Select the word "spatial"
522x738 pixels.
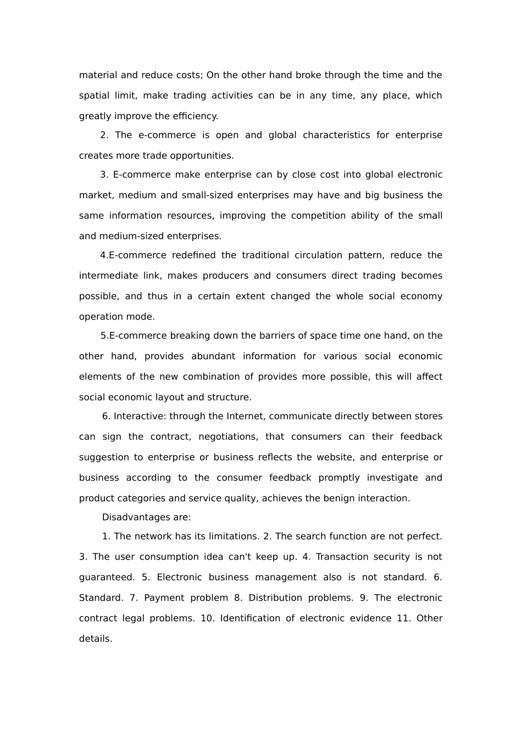coord(94,96)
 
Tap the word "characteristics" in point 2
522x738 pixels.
coord(336,135)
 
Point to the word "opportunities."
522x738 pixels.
coord(201,155)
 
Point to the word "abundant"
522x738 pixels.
coord(213,356)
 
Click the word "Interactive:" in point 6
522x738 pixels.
coord(140,416)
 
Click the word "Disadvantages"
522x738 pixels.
coord(135,517)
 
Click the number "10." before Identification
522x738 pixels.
coord(207,618)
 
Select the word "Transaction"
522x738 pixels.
coord(341,557)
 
